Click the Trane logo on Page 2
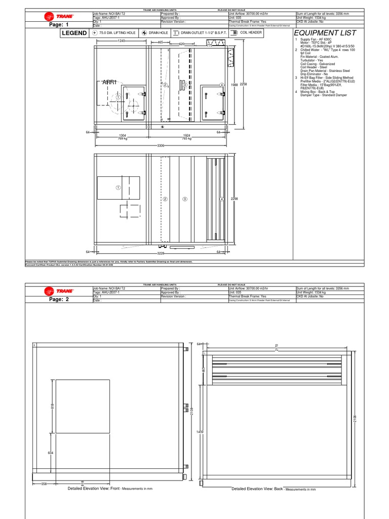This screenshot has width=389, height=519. click(60, 291)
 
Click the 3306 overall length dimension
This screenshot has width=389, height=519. click(161, 145)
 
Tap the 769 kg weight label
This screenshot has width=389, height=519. click(122, 138)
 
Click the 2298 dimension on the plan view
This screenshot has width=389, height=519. click(235, 199)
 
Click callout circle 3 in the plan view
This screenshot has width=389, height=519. click(185, 199)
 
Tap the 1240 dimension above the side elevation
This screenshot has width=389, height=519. click(122, 41)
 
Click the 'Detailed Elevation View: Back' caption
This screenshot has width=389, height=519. click(257, 489)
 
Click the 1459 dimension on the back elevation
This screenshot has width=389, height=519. click(200, 431)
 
